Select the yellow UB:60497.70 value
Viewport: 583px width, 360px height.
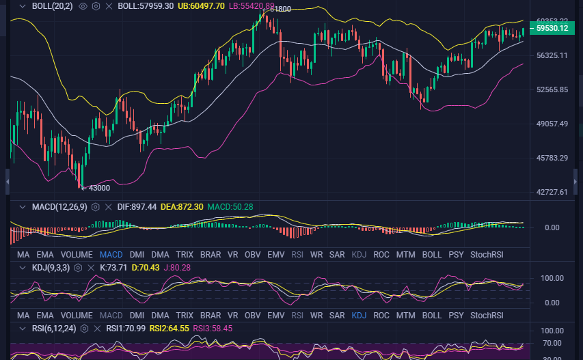point(200,5)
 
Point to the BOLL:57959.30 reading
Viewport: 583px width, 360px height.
point(146,5)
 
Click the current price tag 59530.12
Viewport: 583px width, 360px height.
point(552,28)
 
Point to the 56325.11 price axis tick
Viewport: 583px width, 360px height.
point(552,55)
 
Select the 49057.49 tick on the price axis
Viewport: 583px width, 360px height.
point(552,124)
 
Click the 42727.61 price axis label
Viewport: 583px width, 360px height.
point(552,192)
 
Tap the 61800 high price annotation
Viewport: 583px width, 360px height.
point(280,9)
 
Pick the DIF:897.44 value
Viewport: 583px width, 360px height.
point(137,206)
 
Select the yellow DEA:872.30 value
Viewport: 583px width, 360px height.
point(182,206)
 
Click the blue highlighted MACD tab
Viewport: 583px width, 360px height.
point(111,255)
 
